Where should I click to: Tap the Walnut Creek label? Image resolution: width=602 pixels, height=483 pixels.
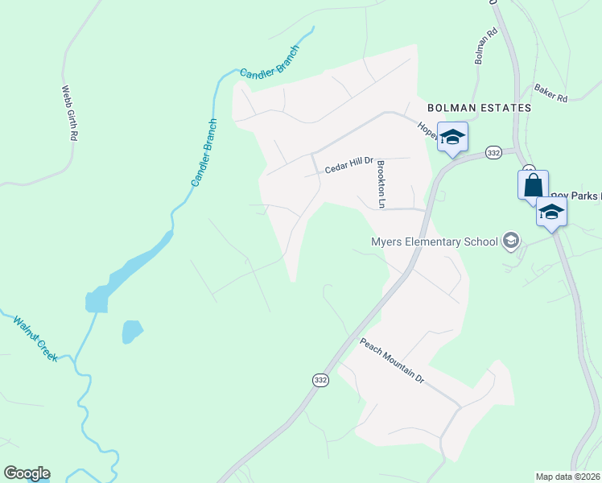(35, 338)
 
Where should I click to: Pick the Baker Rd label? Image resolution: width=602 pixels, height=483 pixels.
(550, 94)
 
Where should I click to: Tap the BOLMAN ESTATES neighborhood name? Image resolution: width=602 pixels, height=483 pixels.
(479, 107)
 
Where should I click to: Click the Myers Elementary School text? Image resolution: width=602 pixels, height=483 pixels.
(433, 242)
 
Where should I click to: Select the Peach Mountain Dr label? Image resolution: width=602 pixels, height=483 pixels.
(391, 360)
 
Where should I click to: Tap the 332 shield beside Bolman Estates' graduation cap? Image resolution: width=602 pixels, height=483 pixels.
(493, 152)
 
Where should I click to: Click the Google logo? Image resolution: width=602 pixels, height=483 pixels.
(27, 473)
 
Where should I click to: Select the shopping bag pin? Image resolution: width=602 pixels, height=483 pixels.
(533, 185)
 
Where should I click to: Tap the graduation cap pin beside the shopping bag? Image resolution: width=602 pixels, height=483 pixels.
(551, 212)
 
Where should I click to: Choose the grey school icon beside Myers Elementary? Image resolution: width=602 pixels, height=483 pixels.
(509, 240)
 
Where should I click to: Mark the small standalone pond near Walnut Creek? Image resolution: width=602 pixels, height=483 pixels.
(131, 332)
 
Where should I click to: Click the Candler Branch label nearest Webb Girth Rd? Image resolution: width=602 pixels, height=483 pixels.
(204, 153)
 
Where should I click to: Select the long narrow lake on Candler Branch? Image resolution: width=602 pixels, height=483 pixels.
(129, 270)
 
